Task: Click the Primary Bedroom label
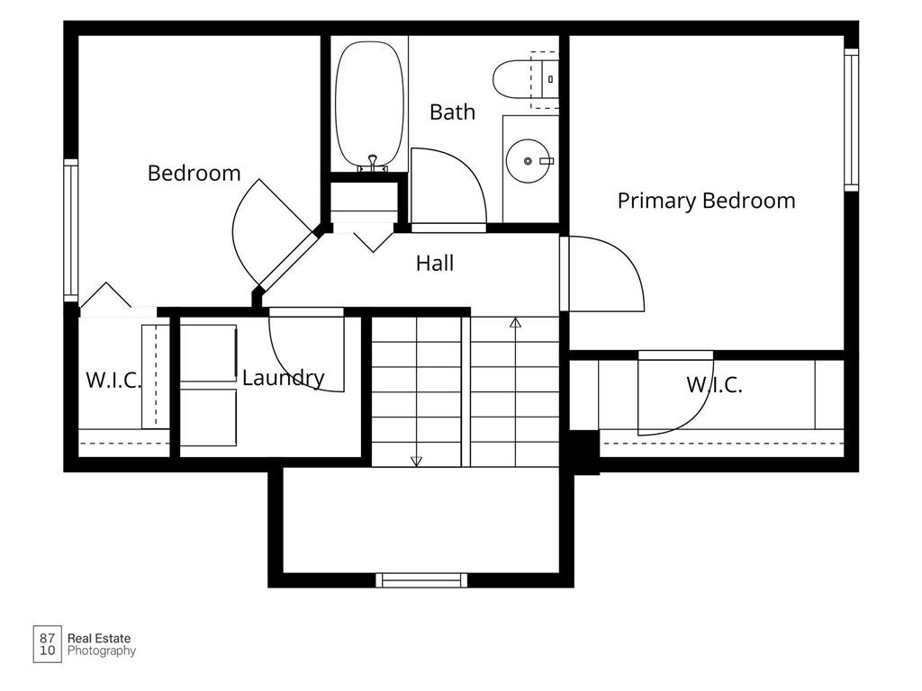(706, 201)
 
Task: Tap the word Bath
(452, 112)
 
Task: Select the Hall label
(435, 263)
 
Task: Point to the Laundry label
(284, 378)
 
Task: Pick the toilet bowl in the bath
(511, 80)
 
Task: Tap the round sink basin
(528, 160)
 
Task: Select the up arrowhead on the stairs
(516, 323)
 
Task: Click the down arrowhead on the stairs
(416, 462)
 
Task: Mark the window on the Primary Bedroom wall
(852, 120)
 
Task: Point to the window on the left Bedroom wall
(70, 230)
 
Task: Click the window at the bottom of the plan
(421, 580)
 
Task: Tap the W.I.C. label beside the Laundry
(113, 381)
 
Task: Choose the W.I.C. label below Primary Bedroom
(714, 385)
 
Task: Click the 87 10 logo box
(47, 644)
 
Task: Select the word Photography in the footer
(102, 651)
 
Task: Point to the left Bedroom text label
(194, 174)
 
